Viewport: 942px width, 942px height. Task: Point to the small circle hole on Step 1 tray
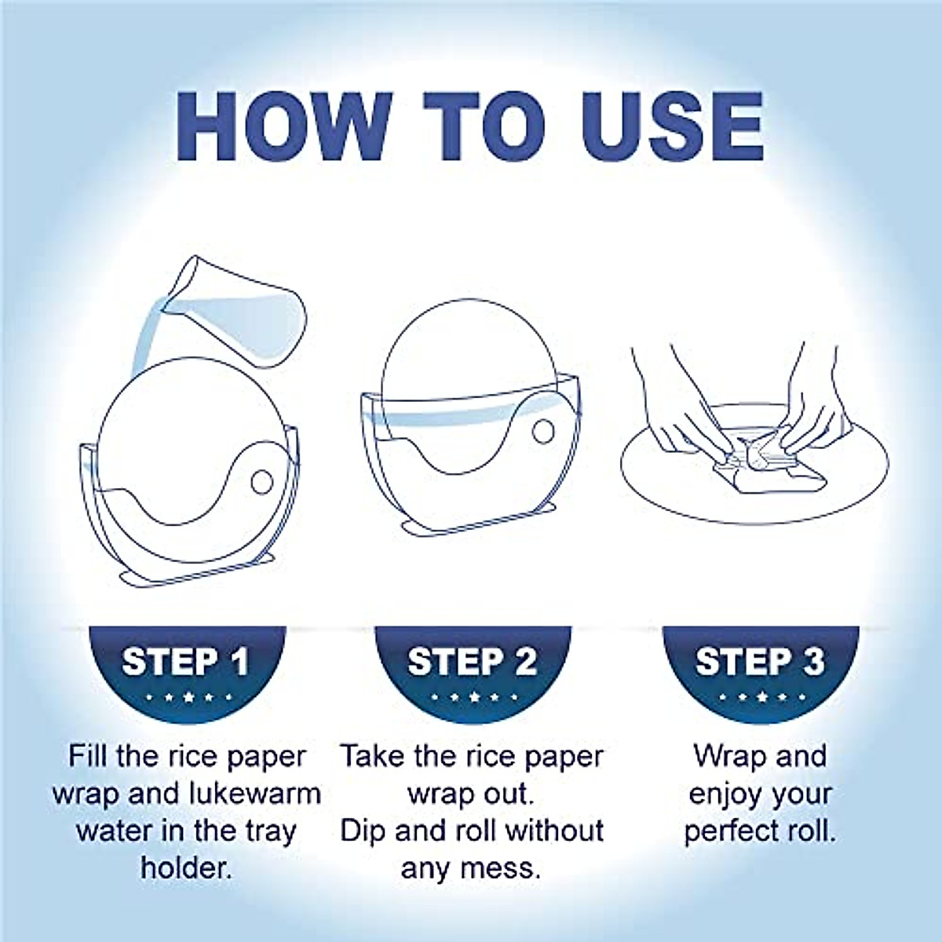tap(262, 481)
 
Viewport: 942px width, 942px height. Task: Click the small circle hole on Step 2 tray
tap(542, 430)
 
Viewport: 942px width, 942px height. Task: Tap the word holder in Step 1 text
tap(187, 867)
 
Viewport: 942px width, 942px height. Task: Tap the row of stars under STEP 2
tap(473, 697)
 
